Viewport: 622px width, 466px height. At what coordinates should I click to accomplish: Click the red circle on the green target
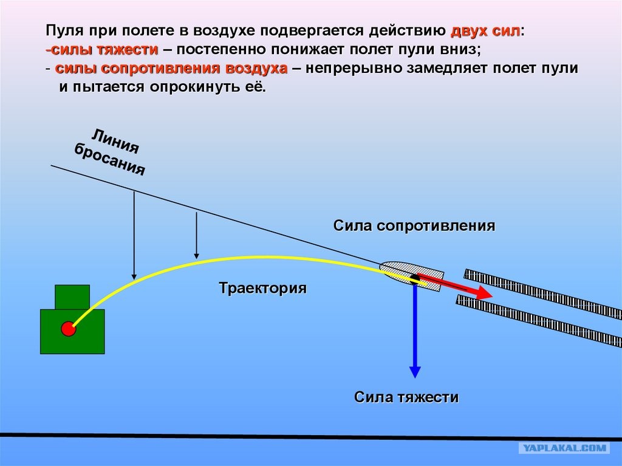click(68, 329)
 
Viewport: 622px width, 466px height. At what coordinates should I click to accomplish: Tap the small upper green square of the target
click(72, 297)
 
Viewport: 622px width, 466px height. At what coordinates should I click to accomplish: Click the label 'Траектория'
click(262, 288)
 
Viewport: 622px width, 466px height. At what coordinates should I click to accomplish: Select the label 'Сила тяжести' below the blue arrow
click(406, 397)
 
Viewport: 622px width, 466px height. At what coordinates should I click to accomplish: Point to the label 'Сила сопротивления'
click(414, 225)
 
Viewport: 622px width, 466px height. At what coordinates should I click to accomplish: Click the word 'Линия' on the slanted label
click(115, 142)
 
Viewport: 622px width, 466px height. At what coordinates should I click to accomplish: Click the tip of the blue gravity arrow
click(415, 377)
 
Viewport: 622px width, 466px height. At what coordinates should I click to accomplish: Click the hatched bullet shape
click(412, 276)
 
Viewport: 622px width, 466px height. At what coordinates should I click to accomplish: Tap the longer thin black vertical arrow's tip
click(134, 279)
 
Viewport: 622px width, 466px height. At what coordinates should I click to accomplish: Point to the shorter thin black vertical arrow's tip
click(196, 258)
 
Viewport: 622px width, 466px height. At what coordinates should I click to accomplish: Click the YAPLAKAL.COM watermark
click(565, 448)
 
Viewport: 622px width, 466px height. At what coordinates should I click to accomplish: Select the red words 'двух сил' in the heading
click(485, 31)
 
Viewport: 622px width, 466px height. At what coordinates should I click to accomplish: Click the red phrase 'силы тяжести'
click(104, 50)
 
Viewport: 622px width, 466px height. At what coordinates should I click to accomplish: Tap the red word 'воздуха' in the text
click(256, 68)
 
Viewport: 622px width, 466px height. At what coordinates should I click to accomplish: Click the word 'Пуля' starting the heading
click(63, 31)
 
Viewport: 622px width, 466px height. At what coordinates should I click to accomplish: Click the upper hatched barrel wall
click(543, 292)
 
